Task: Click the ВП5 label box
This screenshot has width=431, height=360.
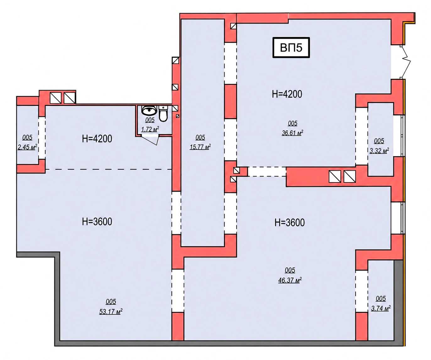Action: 291,47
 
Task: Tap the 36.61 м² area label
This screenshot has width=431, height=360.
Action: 292,133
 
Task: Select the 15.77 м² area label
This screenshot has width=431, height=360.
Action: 200,147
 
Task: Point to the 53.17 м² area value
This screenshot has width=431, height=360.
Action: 111,312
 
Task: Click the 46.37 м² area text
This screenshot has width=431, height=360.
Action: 290,280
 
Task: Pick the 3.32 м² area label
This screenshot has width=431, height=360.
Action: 379,150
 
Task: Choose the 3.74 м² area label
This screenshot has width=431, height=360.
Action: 381,308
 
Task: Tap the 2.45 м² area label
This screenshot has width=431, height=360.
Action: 27,147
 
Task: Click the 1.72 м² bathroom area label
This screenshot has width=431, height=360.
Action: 150,129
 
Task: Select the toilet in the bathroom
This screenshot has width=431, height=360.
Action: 163,114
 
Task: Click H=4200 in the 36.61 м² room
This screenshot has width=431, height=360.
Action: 287,94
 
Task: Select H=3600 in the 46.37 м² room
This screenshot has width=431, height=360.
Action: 289,223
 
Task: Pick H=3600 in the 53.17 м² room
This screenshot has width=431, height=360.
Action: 97,222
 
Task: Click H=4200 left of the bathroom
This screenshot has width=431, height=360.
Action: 97,139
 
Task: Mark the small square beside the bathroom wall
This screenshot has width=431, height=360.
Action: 177,116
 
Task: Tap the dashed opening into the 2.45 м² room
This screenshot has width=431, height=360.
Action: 42,138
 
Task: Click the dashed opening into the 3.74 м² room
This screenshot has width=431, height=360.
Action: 362,291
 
